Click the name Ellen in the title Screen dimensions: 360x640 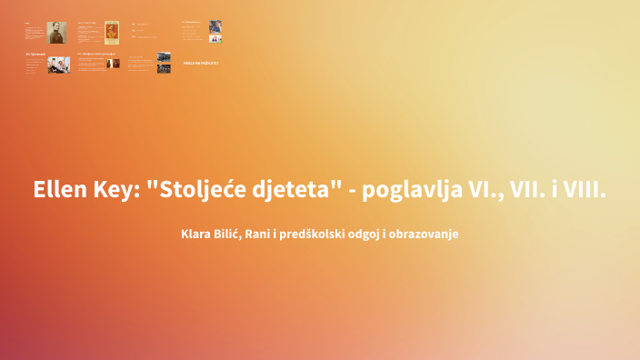tap(59, 191)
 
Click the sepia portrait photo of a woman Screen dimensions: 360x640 tap(61, 32)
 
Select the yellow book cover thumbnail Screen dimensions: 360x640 tap(112, 32)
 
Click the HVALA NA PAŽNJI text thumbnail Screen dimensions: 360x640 tap(200, 64)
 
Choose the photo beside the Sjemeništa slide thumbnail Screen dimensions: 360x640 tap(59, 64)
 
